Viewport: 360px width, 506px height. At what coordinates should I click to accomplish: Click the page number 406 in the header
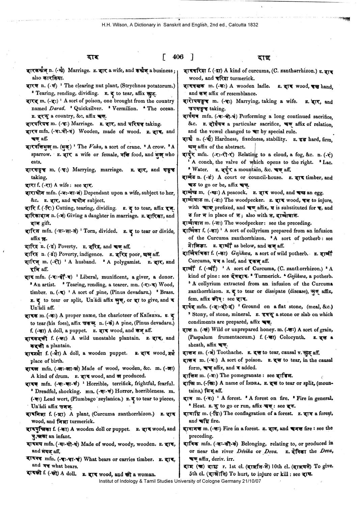(177, 57)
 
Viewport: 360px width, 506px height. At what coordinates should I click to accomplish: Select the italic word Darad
(50, 108)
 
